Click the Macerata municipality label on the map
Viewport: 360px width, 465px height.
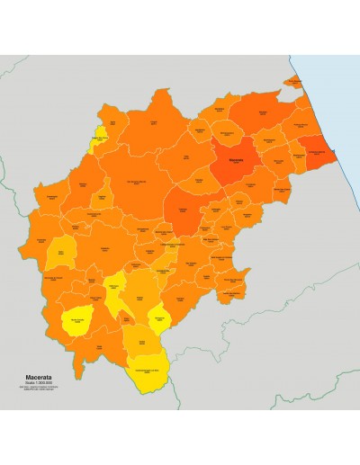pyautogui.click(x=236, y=162)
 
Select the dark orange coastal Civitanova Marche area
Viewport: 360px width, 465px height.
pyautogui.click(x=317, y=153)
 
